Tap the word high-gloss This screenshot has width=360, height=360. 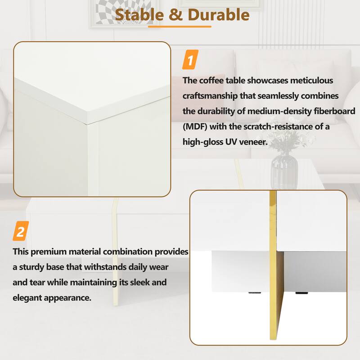point(205,142)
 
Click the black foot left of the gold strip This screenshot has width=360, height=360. point(250,295)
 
